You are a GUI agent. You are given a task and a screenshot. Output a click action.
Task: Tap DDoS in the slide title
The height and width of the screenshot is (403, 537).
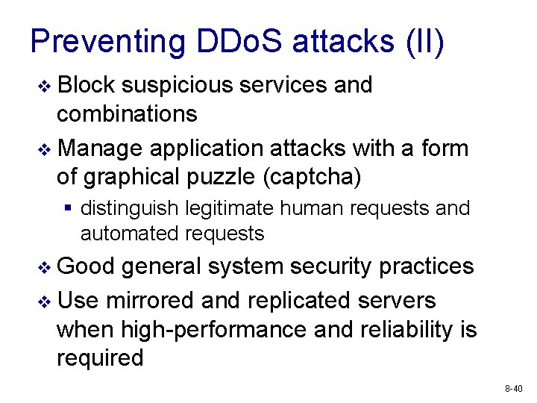click(x=239, y=42)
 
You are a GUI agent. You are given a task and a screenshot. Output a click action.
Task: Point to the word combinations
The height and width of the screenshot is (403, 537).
click(x=127, y=114)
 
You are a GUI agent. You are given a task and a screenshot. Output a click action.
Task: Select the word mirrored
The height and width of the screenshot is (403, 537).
click(x=148, y=301)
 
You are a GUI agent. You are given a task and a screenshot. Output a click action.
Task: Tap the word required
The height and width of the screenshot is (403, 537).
click(x=100, y=357)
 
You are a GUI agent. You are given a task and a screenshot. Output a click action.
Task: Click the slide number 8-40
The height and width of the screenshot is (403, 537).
click(x=514, y=389)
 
